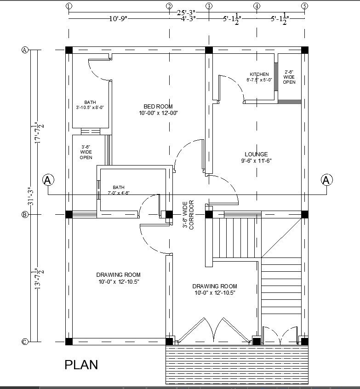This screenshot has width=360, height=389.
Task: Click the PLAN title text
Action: point(81,365)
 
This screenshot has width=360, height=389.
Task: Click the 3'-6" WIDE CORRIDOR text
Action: point(189,214)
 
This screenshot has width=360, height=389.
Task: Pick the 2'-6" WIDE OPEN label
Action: point(289,77)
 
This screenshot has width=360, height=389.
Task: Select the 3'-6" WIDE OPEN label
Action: point(86,152)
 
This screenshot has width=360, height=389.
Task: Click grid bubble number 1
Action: point(69,6)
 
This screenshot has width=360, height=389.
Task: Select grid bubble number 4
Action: point(257,6)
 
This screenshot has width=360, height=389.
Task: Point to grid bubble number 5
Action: point(304,6)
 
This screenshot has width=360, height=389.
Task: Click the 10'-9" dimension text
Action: point(118,19)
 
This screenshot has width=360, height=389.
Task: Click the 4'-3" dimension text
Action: point(189,19)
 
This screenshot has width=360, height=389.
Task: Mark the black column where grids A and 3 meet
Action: point(209,50)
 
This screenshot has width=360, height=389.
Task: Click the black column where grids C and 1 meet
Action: point(69,341)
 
